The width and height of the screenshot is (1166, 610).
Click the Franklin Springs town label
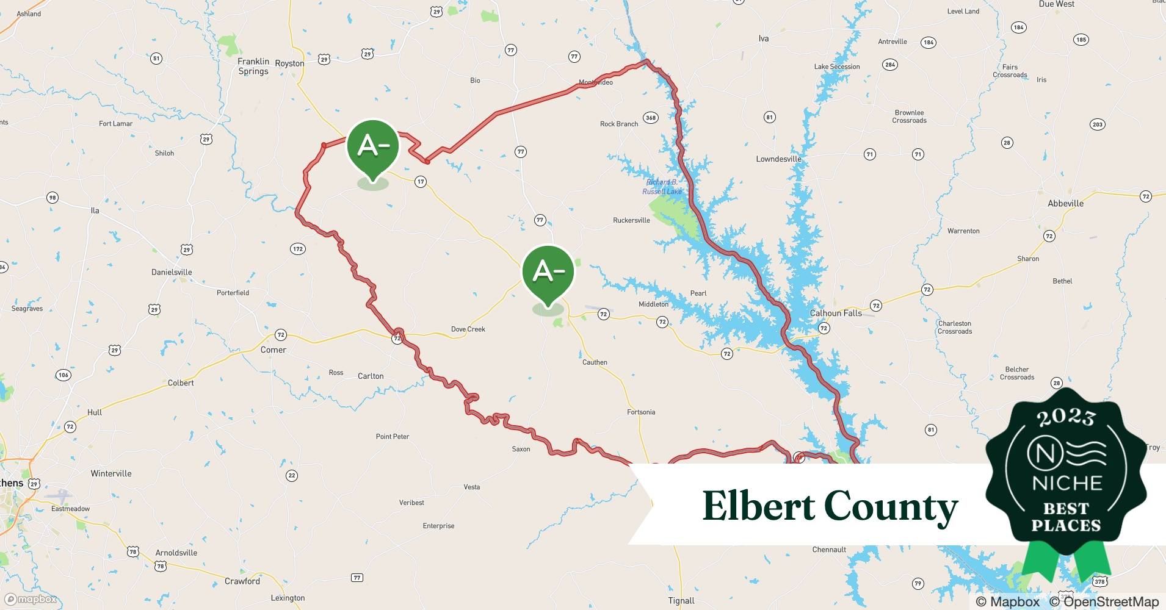(253, 66)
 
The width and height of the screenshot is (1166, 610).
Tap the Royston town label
(289, 63)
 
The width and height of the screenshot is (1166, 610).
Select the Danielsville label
(172, 272)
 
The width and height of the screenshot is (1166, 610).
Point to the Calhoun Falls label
(836, 313)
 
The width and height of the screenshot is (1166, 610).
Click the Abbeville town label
(1065, 203)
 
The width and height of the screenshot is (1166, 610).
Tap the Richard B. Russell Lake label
(662, 187)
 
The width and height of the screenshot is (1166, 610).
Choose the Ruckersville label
(631, 220)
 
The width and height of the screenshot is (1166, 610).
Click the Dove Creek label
(468, 329)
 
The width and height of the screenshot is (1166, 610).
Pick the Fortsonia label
(641, 412)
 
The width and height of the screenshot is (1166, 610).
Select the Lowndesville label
(778, 159)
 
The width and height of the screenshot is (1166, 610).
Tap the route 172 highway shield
(298, 249)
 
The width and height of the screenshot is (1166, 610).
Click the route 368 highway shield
(651, 118)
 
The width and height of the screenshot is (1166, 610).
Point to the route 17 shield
(420, 181)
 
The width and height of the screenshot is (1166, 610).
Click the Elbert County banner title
(830, 506)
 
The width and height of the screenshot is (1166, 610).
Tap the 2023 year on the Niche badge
(1066, 417)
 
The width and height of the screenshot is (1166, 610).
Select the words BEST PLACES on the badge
(1066, 517)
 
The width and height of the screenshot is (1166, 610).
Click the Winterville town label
(111, 473)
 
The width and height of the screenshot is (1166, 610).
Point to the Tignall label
(681, 601)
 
